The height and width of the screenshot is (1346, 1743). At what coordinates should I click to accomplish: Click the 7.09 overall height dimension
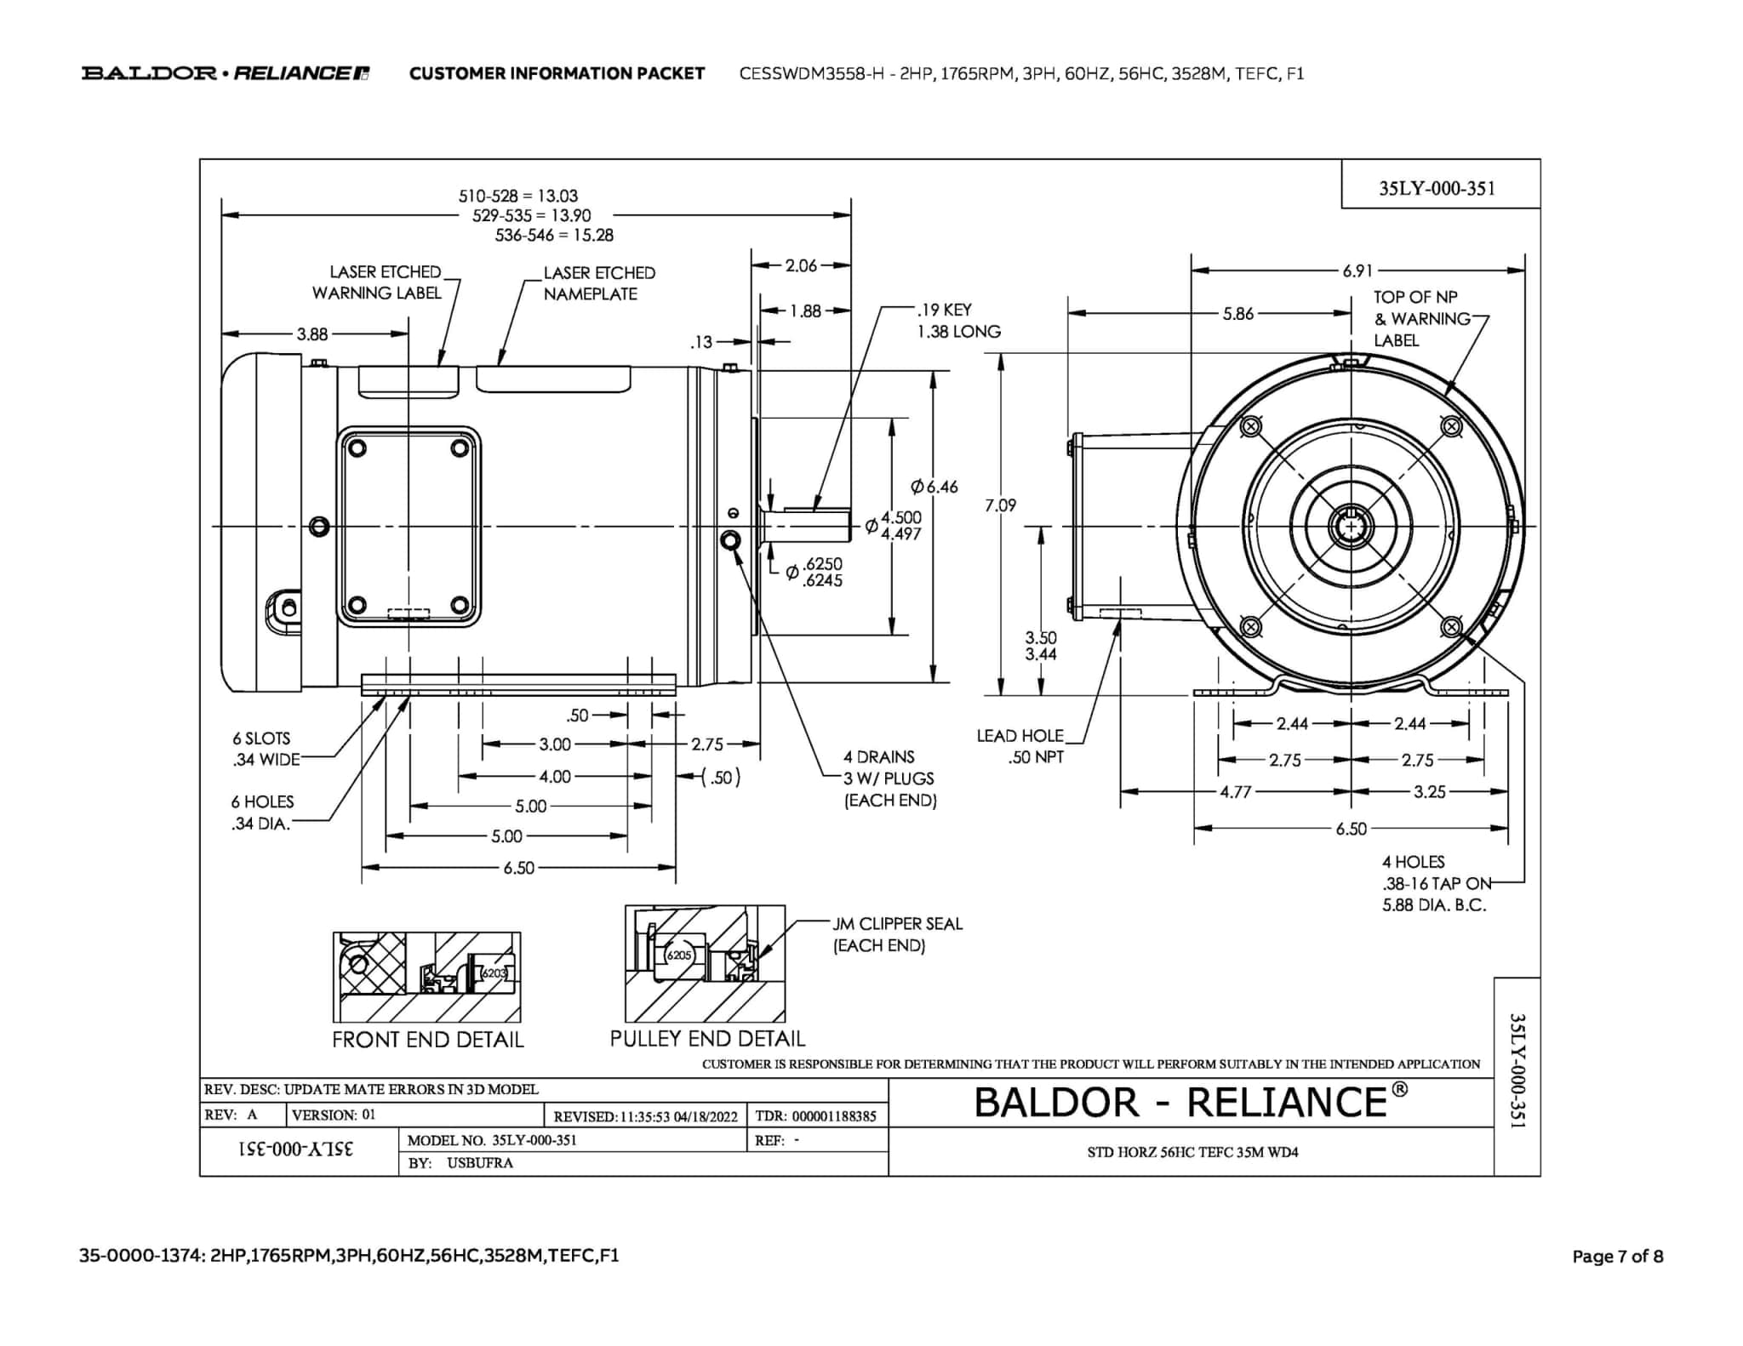pyautogui.click(x=1000, y=505)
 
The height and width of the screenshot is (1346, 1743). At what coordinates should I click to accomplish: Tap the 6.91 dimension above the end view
pyautogui.click(x=1357, y=271)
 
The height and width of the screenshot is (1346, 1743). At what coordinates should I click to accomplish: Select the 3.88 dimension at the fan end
pyautogui.click(x=312, y=334)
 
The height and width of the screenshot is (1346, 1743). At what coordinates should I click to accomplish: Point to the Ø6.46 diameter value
pyautogui.click(x=934, y=487)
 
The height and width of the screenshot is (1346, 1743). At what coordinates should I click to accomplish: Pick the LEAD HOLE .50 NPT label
pyautogui.click(x=1021, y=746)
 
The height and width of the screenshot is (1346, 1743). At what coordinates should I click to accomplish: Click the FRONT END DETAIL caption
pyautogui.click(x=427, y=1040)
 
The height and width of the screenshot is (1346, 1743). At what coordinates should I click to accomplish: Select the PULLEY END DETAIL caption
pyautogui.click(x=707, y=1039)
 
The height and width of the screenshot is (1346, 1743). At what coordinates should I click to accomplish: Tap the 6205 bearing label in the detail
pyautogui.click(x=679, y=955)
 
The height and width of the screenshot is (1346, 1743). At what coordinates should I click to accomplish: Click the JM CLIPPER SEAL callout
pyautogui.click(x=897, y=934)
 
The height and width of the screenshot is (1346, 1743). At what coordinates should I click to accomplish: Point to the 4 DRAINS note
pyautogui.click(x=889, y=779)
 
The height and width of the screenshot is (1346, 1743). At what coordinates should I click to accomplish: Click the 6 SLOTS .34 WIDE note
pyautogui.click(x=266, y=749)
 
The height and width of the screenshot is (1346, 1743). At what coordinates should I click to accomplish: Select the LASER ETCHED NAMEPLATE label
pyautogui.click(x=599, y=283)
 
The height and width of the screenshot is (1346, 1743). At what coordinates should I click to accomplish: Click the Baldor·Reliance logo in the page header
pyautogui.click(x=226, y=73)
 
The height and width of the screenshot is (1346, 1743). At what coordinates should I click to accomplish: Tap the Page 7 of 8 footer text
pyautogui.click(x=1617, y=1256)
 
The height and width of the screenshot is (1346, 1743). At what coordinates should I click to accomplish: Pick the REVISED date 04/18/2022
pyautogui.click(x=706, y=1116)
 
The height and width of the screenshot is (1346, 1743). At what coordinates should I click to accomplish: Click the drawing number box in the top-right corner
pyautogui.click(x=1437, y=188)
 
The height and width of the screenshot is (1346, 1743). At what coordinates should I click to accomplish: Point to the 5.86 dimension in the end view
pyautogui.click(x=1238, y=313)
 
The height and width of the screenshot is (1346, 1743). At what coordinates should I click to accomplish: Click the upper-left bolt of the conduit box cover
pyautogui.click(x=357, y=448)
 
